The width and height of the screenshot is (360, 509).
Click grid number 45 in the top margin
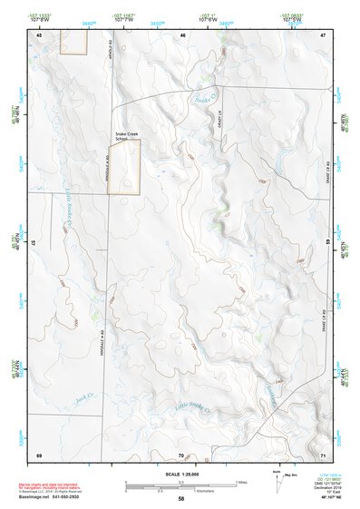[x=40, y=34]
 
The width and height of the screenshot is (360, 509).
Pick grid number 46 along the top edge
[x=182, y=34]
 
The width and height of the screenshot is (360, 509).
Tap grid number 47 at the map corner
[x=323, y=34]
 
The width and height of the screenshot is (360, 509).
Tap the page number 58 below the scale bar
[x=181, y=500]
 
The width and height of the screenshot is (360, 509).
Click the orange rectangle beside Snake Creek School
[x=131, y=167]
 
